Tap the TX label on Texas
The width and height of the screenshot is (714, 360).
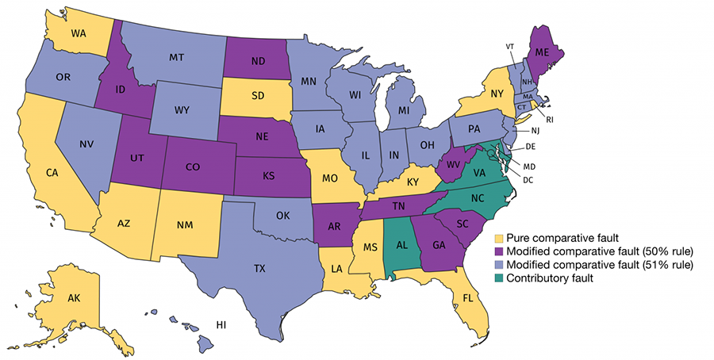(x=259, y=268)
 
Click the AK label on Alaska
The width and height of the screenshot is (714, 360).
(x=73, y=300)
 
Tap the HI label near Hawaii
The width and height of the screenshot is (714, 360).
(x=225, y=326)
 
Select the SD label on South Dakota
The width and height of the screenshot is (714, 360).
(x=256, y=94)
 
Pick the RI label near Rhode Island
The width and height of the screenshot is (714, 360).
(x=548, y=119)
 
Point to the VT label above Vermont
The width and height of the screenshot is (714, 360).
(x=509, y=46)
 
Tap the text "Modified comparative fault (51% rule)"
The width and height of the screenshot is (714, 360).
(x=594, y=265)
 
